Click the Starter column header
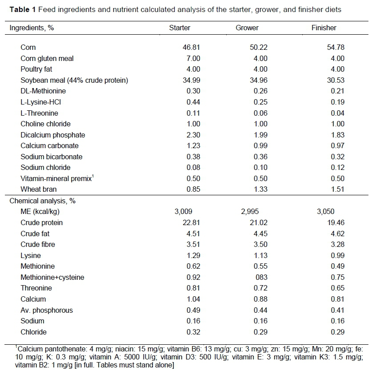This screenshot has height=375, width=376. [180, 28]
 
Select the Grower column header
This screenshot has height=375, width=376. [247, 28]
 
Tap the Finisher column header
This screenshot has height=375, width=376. [324, 28]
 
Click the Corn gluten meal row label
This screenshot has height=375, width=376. [47, 58]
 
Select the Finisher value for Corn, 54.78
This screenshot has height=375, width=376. [335, 47]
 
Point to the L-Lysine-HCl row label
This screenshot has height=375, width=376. [43, 102]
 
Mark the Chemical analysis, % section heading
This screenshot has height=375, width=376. [43, 201]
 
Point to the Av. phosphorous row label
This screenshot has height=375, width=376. [47, 310]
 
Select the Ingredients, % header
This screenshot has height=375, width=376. [32, 28]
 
